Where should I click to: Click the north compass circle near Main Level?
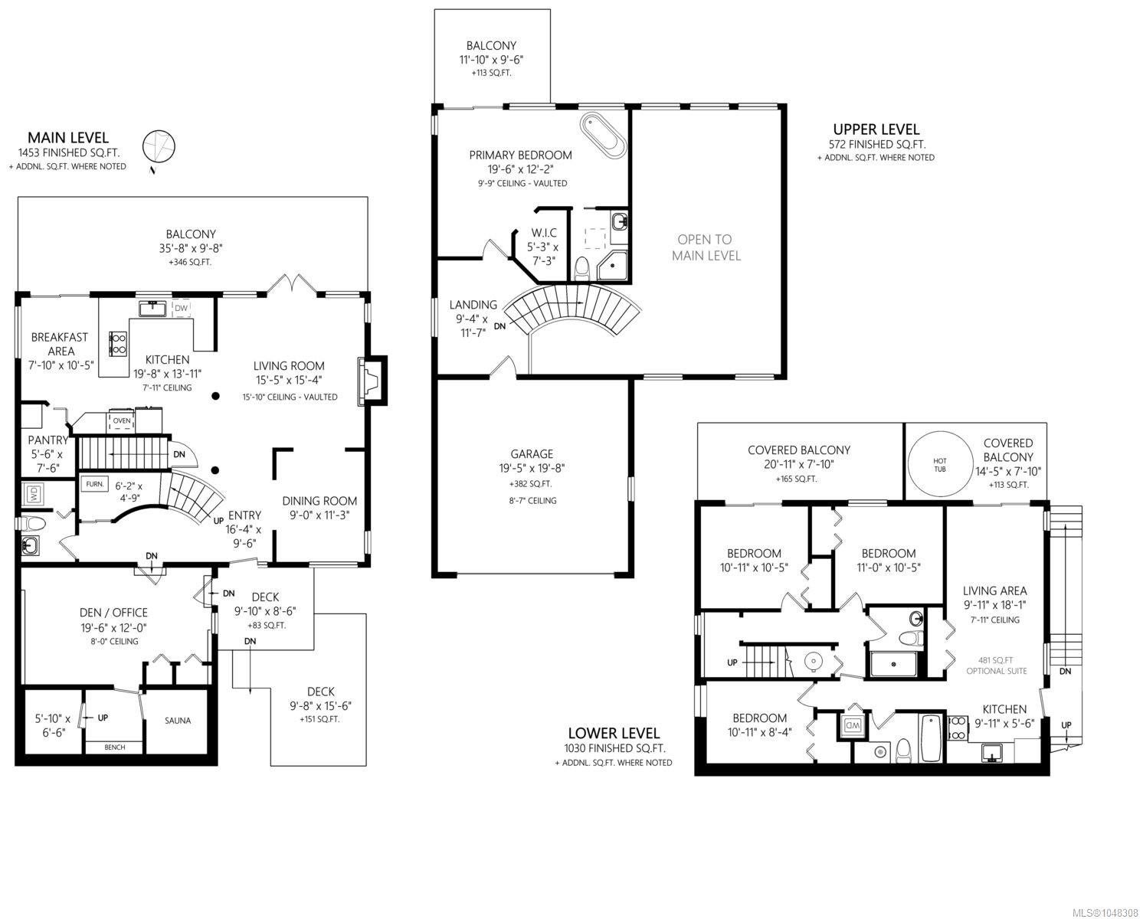coord(159,146)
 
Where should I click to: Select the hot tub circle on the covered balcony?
coord(939,465)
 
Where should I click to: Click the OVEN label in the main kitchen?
coord(122,420)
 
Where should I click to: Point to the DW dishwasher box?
coord(181,308)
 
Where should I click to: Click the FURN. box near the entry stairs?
coord(95,484)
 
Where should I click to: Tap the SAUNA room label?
coord(178,721)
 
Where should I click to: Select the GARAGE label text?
coord(532,454)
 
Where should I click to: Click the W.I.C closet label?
coord(544,233)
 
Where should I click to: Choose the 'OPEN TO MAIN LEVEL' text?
coord(706,247)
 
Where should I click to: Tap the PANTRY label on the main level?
coord(47,440)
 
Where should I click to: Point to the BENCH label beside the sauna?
coord(115,747)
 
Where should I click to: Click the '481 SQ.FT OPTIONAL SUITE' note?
coord(996,666)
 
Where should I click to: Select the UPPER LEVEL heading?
coord(876,129)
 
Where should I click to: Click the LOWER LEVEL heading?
coord(614,733)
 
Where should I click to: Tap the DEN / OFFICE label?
coord(113,612)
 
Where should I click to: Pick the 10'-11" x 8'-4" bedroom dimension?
coord(759,732)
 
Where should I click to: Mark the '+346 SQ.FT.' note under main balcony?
coord(190,262)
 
